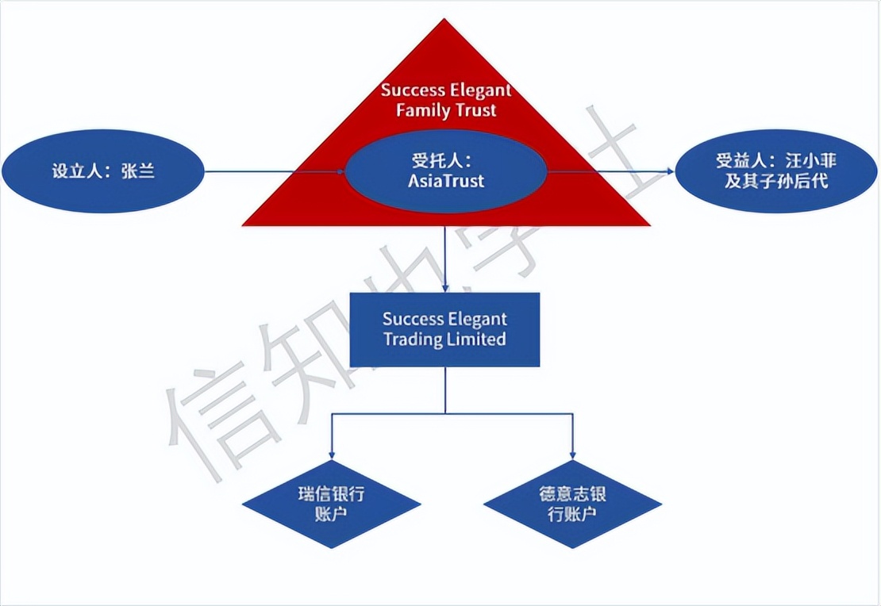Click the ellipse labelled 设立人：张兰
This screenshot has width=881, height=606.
(x=104, y=171)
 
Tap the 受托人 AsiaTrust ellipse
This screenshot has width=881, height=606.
(x=445, y=171)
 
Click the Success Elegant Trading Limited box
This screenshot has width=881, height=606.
(x=445, y=329)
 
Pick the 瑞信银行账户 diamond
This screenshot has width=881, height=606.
(x=331, y=504)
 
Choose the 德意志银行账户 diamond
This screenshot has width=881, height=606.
(x=572, y=504)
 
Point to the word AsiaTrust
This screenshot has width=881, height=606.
(x=445, y=181)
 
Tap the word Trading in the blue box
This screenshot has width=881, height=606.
(x=413, y=339)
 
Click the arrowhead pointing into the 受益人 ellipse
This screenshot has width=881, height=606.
(x=668, y=171)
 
